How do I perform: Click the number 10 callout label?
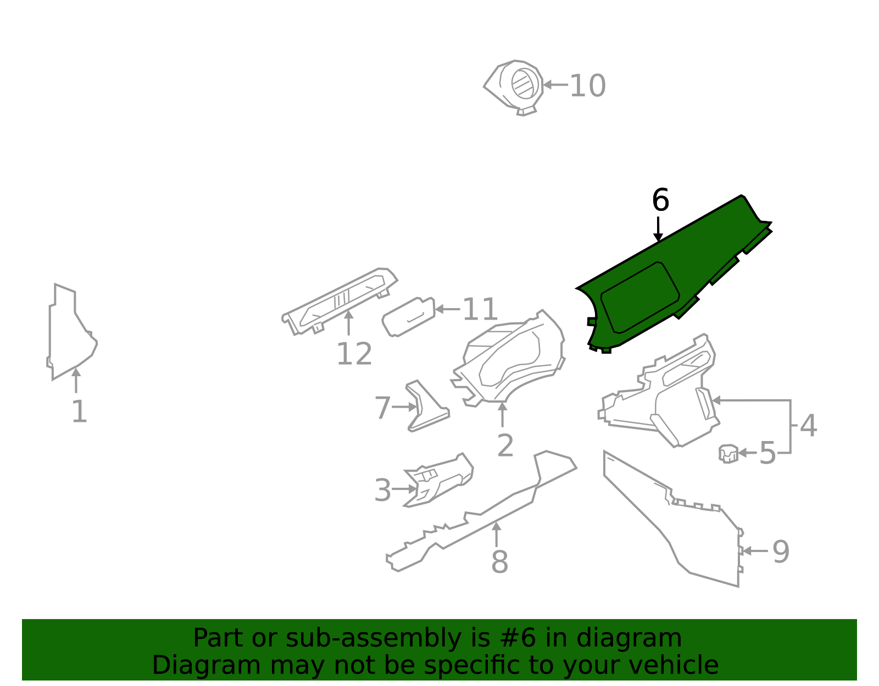[x=587, y=86]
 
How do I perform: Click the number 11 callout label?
[x=480, y=310]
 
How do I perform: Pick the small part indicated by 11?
[x=408, y=317]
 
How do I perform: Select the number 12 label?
[x=354, y=354]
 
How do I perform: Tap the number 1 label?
[x=79, y=412]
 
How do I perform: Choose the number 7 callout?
[x=382, y=408]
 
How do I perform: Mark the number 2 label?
[x=505, y=445]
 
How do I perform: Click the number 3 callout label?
[x=382, y=490]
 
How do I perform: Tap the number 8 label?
[x=499, y=562]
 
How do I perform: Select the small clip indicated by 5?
[x=728, y=454]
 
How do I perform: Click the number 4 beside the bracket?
[x=808, y=426]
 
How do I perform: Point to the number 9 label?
[x=781, y=552]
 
